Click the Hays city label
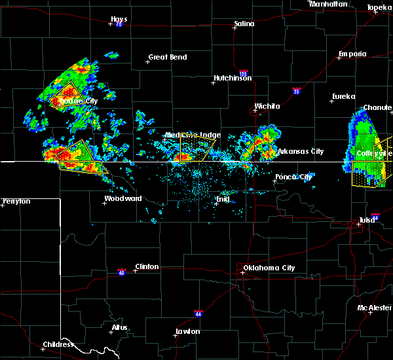(x=119, y=20)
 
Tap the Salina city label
(x=244, y=24)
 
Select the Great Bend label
(x=168, y=57)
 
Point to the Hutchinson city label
(x=233, y=79)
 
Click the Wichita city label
(x=267, y=106)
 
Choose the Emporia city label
(x=352, y=54)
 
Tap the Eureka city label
(x=343, y=97)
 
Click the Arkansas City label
(x=300, y=151)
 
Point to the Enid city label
(x=223, y=198)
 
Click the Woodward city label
(x=123, y=198)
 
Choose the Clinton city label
(x=146, y=266)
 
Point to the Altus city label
(x=119, y=327)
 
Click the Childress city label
(x=59, y=344)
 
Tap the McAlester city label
(x=375, y=308)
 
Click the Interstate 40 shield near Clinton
(x=122, y=271)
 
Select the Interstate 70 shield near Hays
(x=119, y=25)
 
